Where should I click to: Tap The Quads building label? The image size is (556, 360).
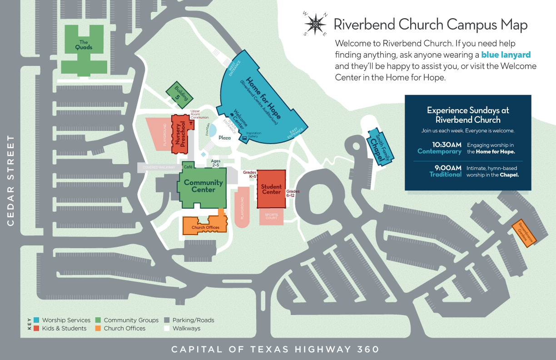coord(84,45)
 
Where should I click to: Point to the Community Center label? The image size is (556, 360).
coord(204,186)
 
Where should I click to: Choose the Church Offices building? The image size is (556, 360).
coord(205,227)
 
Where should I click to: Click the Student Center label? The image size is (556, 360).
coord(271,189)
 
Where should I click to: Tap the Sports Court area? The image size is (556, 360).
coord(271,216)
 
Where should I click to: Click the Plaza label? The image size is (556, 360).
coord(224,138)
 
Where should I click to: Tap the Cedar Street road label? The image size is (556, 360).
coord(11,180)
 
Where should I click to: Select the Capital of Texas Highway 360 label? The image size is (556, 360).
coord(275,350)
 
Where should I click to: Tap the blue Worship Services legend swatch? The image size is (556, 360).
coord(36,320)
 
